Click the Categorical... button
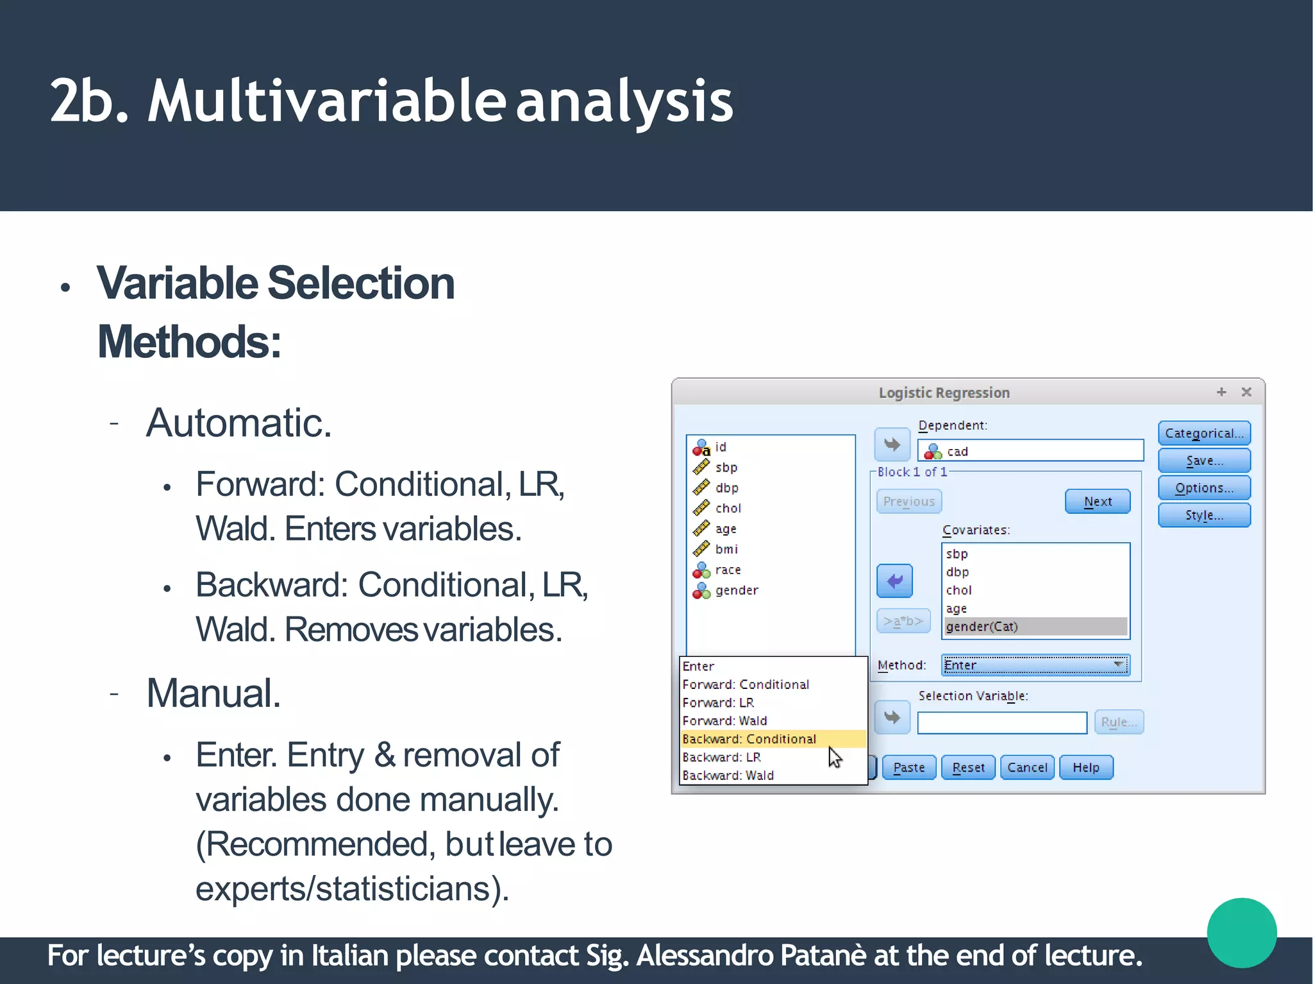point(1203,433)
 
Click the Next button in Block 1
point(1097,501)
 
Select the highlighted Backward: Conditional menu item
point(749,739)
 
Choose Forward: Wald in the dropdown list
point(724,720)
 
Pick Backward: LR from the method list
point(721,757)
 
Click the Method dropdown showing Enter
point(1035,665)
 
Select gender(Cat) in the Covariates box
point(982,626)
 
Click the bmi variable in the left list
point(726,549)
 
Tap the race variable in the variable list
point(728,570)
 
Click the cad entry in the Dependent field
point(957,451)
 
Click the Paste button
point(908,767)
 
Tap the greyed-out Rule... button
point(1118,722)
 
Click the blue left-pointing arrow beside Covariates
point(894,581)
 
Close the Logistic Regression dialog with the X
point(1246,392)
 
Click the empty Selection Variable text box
point(1001,722)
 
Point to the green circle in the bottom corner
point(1241,932)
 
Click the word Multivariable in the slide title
point(326,101)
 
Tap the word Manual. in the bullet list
point(213,693)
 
